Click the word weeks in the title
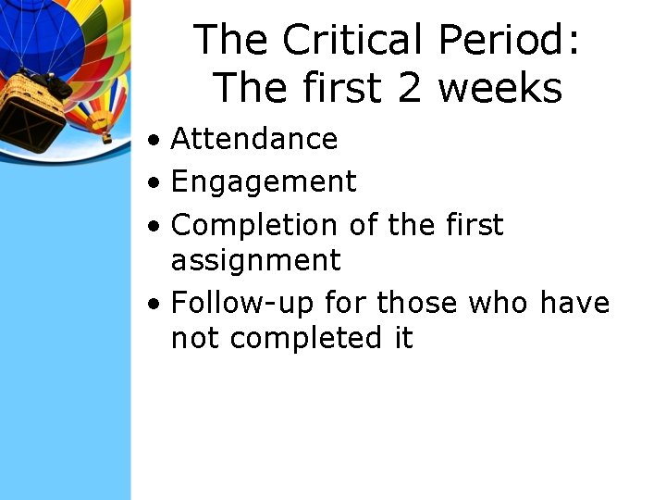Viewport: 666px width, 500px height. [x=499, y=89]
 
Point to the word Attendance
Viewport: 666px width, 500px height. [x=254, y=139]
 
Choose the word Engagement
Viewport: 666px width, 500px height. [x=264, y=182]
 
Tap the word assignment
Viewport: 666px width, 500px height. [x=255, y=260]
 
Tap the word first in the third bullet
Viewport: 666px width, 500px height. [x=471, y=225]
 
